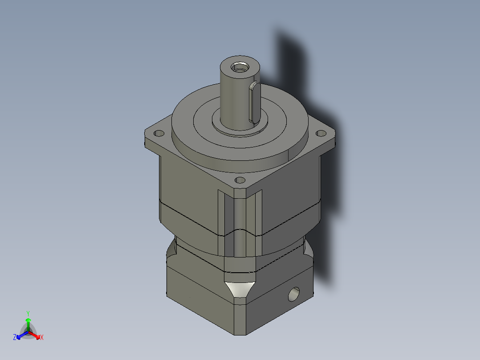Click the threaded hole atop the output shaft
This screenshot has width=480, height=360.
[x=240, y=68]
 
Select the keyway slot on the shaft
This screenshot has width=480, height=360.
[x=254, y=102]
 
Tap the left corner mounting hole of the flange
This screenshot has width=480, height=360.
[x=158, y=133]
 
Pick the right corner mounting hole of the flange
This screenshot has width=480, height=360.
[x=320, y=133]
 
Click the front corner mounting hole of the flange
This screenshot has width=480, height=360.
[x=240, y=180]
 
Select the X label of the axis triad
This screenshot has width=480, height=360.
[x=42, y=338]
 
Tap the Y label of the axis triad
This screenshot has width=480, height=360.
[x=28, y=313]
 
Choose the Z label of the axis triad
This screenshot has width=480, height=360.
[x=15, y=338]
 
